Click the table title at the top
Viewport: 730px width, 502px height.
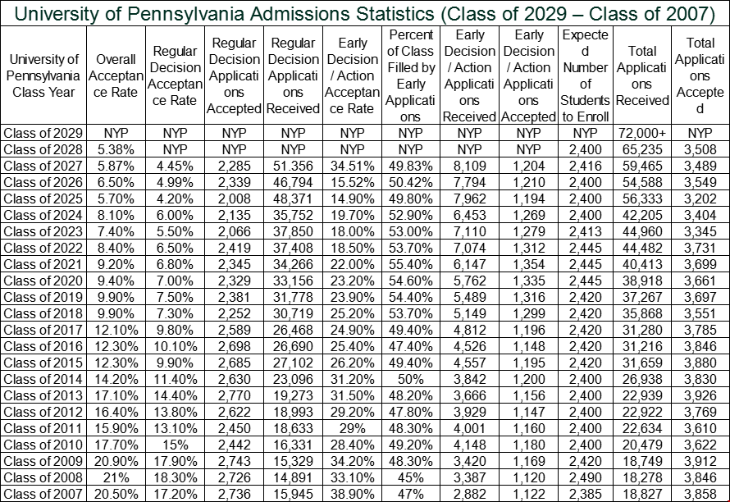point(365,13)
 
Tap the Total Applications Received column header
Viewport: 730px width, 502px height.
point(642,75)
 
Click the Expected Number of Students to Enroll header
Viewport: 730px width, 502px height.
point(585,75)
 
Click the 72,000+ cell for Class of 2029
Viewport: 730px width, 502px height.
point(642,133)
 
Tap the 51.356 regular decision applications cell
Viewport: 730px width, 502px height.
point(293,166)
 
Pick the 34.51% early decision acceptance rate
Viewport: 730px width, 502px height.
point(352,166)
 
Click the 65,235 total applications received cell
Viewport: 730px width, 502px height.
point(642,149)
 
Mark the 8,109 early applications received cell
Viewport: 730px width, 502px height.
point(469,166)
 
